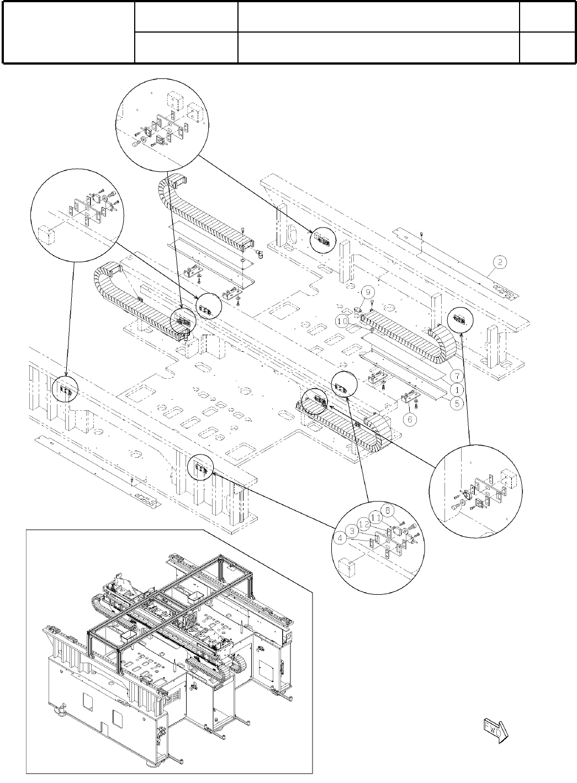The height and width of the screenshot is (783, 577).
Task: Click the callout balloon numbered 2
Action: coord(499,262)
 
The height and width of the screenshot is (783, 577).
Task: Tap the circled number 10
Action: coord(342,320)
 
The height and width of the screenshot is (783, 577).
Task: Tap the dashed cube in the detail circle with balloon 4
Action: coord(346,568)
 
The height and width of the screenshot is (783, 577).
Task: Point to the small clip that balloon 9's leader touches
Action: coord(358,311)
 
